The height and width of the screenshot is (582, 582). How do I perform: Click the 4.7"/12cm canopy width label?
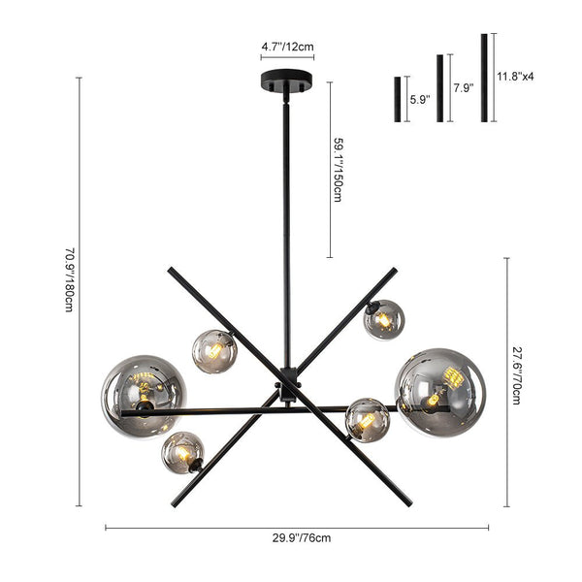coord(287,46)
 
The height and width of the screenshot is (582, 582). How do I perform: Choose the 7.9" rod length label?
coord(464,87)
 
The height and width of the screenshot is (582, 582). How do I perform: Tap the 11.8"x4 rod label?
coord(515,75)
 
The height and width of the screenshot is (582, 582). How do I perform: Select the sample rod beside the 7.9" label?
coord(439,88)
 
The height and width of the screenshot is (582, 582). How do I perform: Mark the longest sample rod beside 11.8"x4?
coord(483,78)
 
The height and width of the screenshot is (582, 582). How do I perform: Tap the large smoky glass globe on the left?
coord(143,394)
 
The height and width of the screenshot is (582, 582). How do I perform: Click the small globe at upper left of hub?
coord(214,351)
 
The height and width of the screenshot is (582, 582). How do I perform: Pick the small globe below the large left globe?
coord(182,452)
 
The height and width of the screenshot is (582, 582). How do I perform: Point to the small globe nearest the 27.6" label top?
coord(383,319)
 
